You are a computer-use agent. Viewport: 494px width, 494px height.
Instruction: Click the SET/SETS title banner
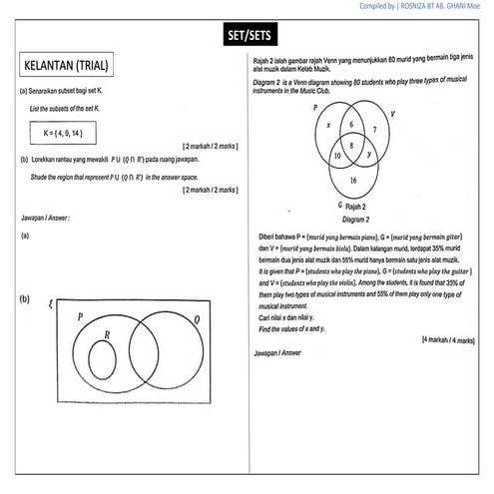coord(246,39)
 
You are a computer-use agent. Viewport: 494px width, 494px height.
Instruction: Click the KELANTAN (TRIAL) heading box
coord(69,67)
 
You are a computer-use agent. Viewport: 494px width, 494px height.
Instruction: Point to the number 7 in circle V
coord(373,131)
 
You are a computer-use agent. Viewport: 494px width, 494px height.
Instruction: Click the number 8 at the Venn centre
coord(351,146)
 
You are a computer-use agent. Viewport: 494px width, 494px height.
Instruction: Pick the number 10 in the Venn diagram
coord(336,157)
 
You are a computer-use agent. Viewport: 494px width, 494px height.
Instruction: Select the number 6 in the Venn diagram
coord(351,124)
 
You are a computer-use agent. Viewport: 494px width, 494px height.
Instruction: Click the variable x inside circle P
coord(329,127)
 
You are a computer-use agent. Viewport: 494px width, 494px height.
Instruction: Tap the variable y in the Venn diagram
coord(369,156)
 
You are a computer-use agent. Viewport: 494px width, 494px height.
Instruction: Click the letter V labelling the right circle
coord(392,113)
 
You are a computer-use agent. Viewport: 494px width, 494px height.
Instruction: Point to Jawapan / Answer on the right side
coord(278,352)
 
